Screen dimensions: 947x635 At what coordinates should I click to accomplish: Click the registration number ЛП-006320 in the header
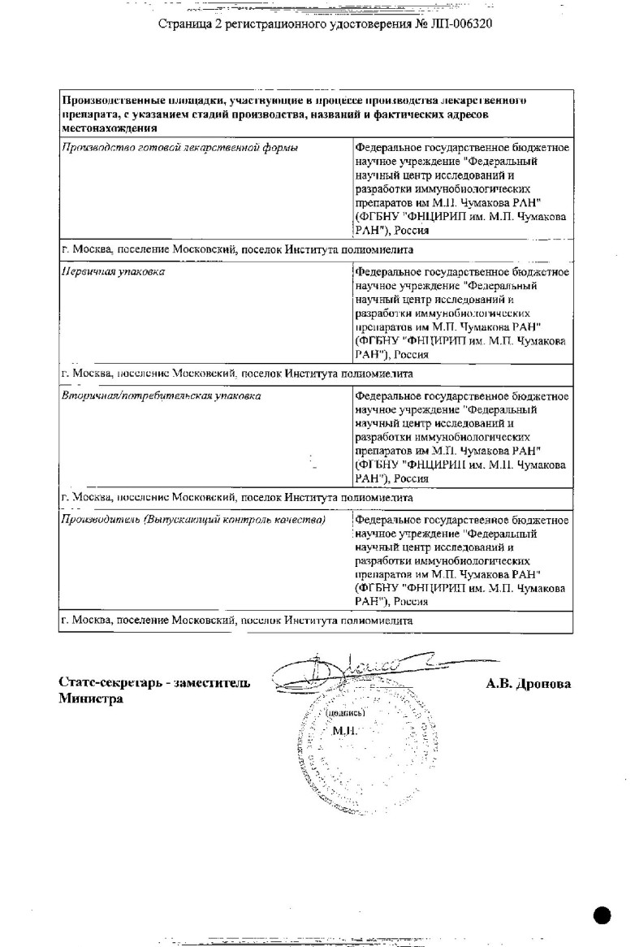[458, 24]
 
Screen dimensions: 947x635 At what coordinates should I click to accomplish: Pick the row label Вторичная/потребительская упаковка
[162, 396]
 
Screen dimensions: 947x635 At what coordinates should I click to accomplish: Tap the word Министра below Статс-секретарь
[90, 699]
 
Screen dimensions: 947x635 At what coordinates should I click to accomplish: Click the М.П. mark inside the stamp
[345, 731]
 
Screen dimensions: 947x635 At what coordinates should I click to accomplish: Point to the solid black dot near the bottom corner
[603, 915]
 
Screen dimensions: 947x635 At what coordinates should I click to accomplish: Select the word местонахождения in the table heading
[110, 128]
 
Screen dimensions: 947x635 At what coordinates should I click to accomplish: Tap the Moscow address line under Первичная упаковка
[237, 374]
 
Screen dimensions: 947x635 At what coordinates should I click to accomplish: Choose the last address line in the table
[237, 621]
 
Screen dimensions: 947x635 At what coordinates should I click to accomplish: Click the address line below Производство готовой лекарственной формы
[237, 249]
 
